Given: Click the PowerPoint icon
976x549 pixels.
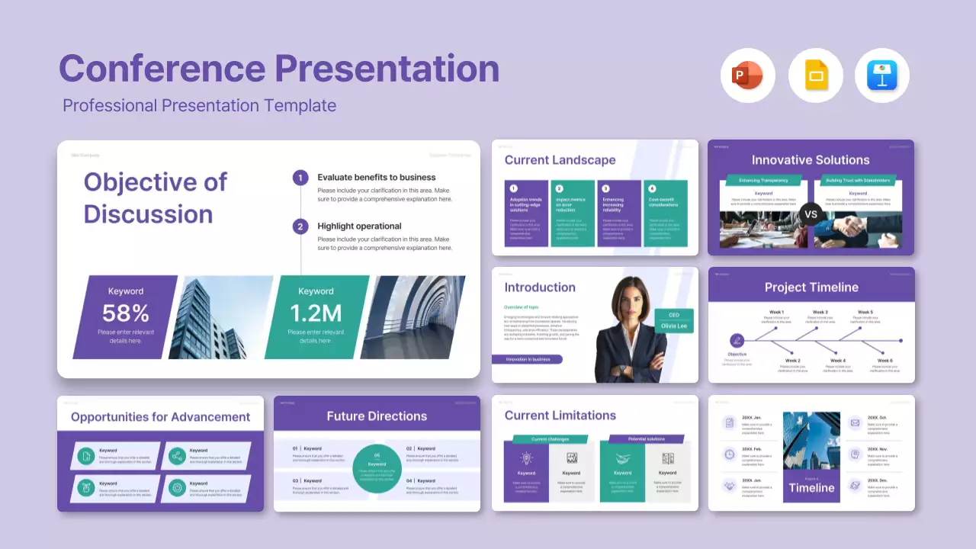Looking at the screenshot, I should pyautogui.click(x=747, y=75).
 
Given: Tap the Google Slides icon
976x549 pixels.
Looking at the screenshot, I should pyautogui.click(x=815, y=75).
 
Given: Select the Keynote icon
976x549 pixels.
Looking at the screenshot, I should pyautogui.click(x=882, y=75).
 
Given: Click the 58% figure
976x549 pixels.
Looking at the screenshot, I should pyautogui.click(x=126, y=313).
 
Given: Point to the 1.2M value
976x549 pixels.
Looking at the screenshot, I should pyautogui.click(x=316, y=313).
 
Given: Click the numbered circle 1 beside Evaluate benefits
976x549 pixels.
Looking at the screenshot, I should pyautogui.click(x=300, y=178).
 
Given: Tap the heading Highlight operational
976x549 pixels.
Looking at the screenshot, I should pyautogui.click(x=359, y=226).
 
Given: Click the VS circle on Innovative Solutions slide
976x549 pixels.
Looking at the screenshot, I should pyautogui.click(x=811, y=214).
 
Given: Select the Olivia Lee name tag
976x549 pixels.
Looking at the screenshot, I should pyautogui.click(x=673, y=326).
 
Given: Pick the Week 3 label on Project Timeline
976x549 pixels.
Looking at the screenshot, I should pyautogui.click(x=820, y=312).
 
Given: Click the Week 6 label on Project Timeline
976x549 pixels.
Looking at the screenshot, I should pyautogui.click(x=884, y=360).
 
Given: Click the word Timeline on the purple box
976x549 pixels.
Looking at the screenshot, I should pyautogui.click(x=811, y=488).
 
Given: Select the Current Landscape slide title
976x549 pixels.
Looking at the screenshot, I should pyautogui.click(x=560, y=160).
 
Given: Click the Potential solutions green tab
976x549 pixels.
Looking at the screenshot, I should pyautogui.click(x=647, y=439).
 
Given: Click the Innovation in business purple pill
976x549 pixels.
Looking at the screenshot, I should pyautogui.click(x=527, y=359).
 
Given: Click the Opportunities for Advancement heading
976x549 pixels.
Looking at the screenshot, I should pyautogui.click(x=160, y=417).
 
